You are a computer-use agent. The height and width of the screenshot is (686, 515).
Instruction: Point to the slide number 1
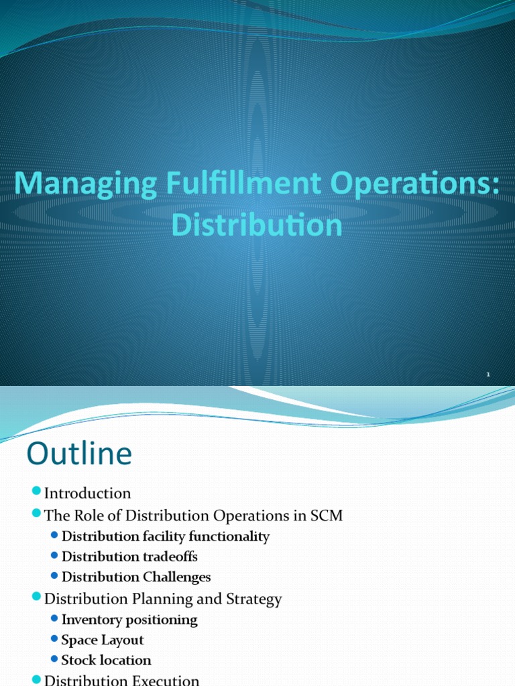[488, 375]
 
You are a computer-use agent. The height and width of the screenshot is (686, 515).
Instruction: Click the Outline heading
[79, 454]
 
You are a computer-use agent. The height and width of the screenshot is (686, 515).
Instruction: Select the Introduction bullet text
[87, 494]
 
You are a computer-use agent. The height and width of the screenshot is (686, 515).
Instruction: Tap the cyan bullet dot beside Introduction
[37, 493]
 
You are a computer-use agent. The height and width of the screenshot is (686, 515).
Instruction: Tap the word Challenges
[176, 577]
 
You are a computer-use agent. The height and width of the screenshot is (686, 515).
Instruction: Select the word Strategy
[255, 599]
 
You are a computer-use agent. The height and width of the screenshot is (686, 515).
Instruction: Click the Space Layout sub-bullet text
[103, 640]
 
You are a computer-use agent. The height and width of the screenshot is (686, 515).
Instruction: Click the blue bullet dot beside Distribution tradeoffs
[54, 557]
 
